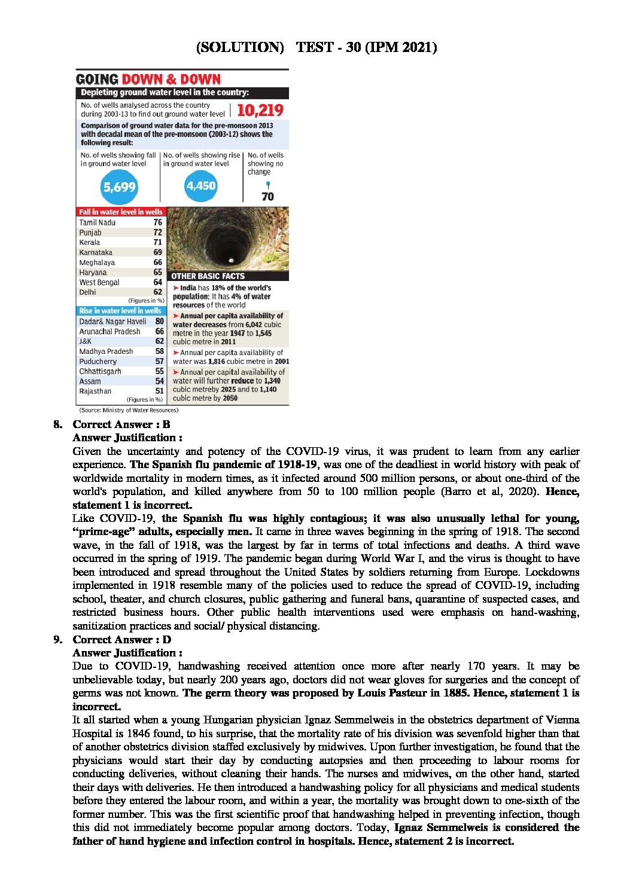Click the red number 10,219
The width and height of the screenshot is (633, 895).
point(260,110)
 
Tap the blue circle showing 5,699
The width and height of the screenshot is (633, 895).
point(119,187)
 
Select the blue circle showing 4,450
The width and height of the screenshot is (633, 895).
point(200,186)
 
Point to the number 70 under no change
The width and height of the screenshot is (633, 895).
point(267,196)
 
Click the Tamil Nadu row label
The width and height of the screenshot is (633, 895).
point(98,222)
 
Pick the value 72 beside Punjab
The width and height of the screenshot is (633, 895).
point(157,232)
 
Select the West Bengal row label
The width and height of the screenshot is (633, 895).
point(99,282)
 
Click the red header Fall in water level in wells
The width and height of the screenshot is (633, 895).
point(121,212)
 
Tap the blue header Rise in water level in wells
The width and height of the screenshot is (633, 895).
point(120,311)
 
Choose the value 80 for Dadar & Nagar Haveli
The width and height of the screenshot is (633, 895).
point(159,321)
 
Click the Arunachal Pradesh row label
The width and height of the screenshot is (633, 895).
point(109,331)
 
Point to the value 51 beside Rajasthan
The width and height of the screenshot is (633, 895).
point(159,391)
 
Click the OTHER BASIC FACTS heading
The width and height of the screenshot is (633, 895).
point(208,276)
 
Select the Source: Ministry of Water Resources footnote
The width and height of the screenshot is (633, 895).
point(129,410)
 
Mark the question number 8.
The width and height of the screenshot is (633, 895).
point(57,424)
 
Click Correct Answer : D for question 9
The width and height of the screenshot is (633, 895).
point(121,640)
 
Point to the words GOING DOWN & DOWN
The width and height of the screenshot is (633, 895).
point(148,80)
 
